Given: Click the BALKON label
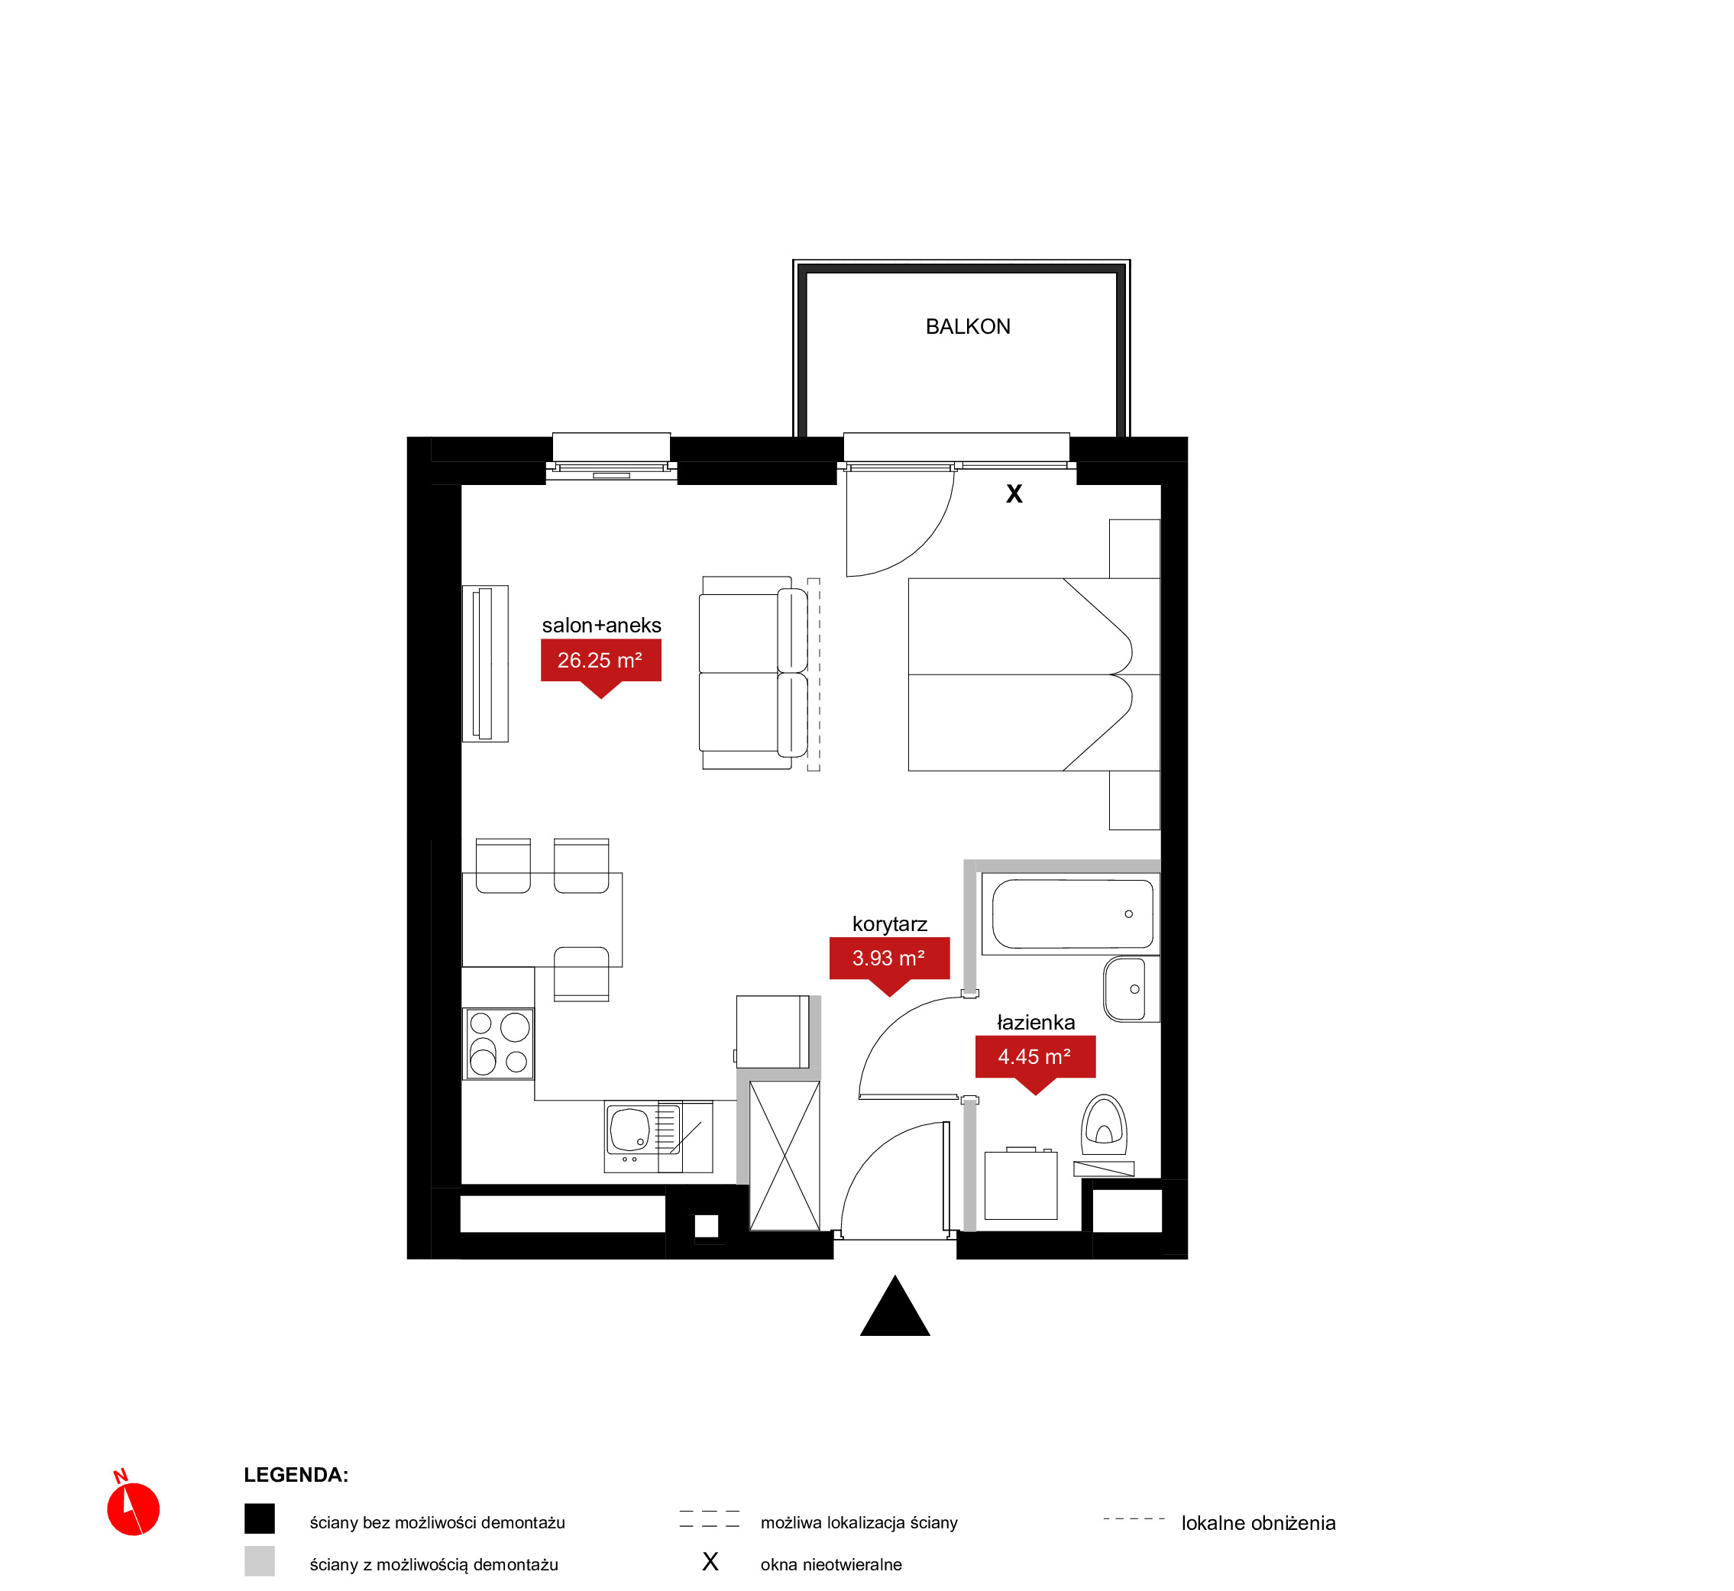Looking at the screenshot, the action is click(x=968, y=327).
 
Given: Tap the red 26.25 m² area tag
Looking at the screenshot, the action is click(x=601, y=663).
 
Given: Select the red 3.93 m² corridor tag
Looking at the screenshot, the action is click(x=889, y=961).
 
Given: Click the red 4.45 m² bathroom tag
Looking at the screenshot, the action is click(x=1035, y=1060).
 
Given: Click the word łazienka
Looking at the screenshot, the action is click(x=1036, y=1023).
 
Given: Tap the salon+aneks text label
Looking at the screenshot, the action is click(x=601, y=626).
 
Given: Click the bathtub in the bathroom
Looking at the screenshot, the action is click(x=1071, y=914).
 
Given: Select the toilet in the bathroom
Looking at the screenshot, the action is click(x=1104, y=1125).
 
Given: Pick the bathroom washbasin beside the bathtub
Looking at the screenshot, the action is click(x=1131, y=989).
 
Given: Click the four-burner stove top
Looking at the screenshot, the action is click(x=499, y=1044).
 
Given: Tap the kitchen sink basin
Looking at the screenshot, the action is click(x=629, y=1130).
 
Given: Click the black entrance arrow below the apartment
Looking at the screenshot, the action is click(x=894, y=1306).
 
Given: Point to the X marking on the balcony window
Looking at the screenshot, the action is click(x=1014, y=494).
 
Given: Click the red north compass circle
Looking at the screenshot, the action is click(x=134, y=1509).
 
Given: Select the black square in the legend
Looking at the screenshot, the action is click(x=259, y=1518).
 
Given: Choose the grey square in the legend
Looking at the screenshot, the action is click(x=259, y=1561).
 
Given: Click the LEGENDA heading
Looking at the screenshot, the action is click(x=296, y=1475).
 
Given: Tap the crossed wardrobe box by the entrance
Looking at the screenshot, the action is click(x=785, y=1156).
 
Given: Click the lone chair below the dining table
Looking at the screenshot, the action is click(x=581, y=974).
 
